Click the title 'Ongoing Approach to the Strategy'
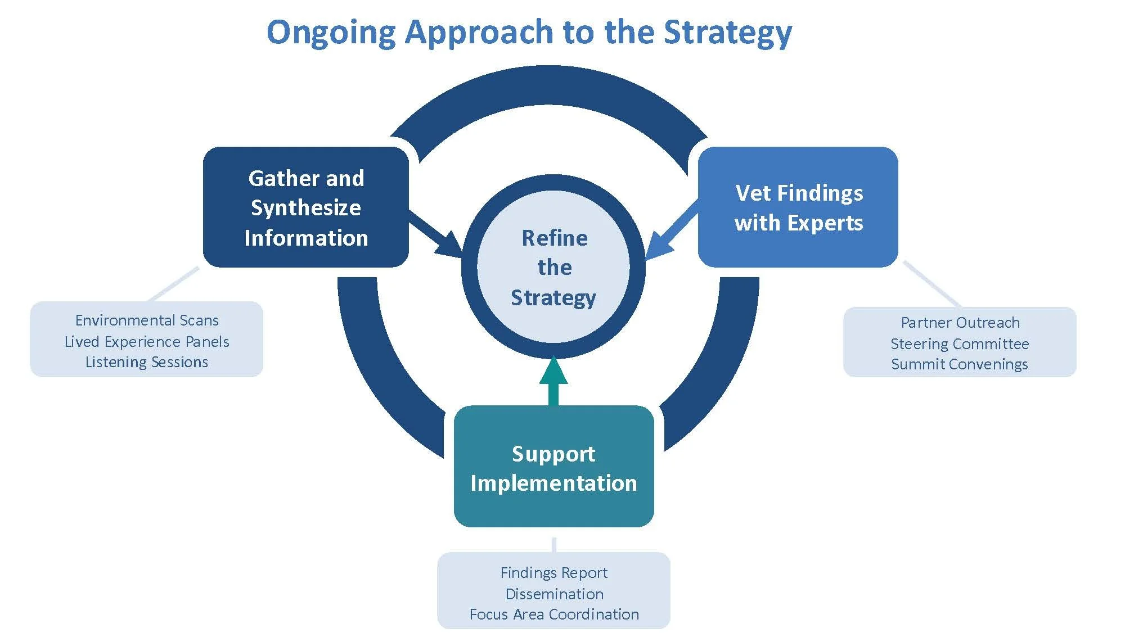tap(529, 32)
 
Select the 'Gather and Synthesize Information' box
tap(305, 207)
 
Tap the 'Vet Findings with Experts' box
tap(798, 207)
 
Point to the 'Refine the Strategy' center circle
tap(553, 267)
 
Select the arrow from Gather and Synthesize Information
tap(436, 233)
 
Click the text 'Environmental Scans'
tap(147, 320)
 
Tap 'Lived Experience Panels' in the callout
tap(147, 342)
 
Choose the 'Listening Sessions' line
tap(147, 362)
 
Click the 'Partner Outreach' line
tap(960, 323)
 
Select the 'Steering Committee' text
tap(960, 343)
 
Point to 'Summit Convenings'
tap(960, 364)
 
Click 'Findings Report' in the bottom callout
tap(554, 573)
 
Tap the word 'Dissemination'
tap(554, 594)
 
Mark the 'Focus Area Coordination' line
tap(554, 614)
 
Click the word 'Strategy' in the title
tap(728, 32)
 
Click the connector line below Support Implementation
tap(554, 544)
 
